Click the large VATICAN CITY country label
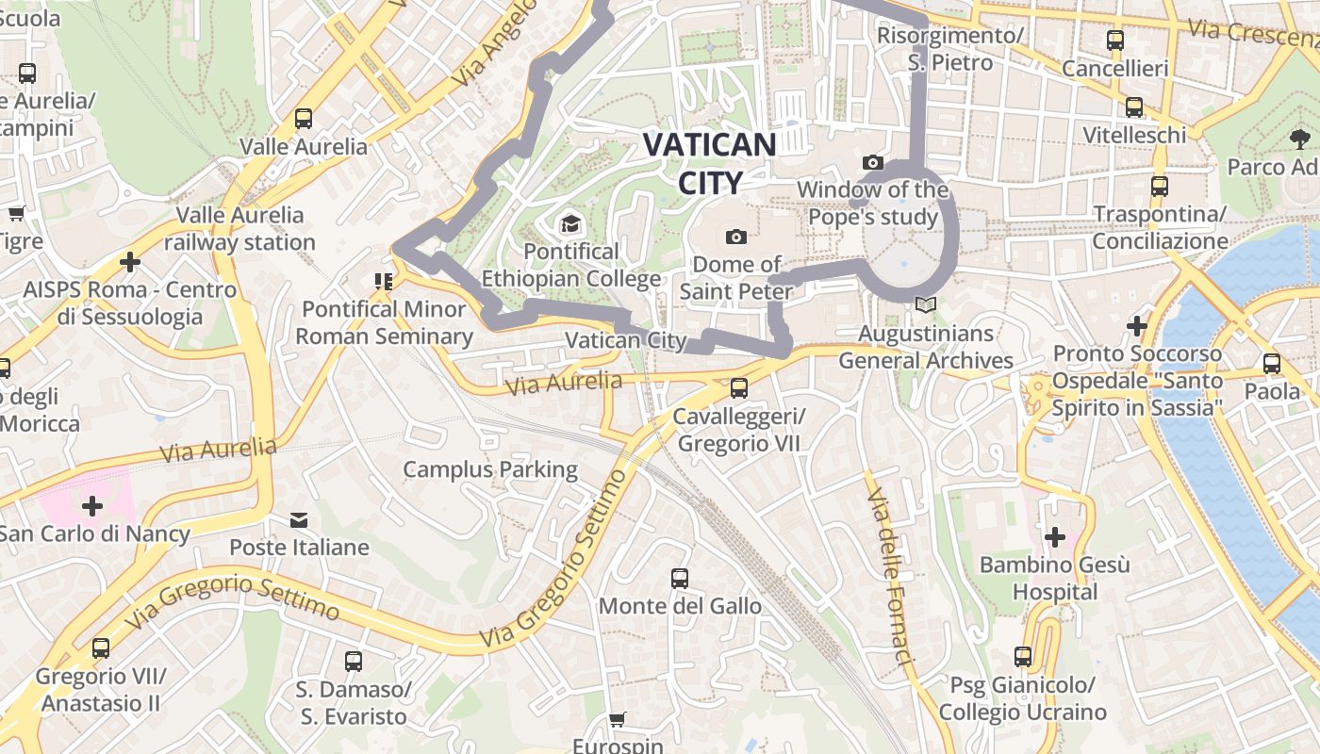click(x=710, y=163)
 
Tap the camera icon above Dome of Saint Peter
click(x=736, y=237)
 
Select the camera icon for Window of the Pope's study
click(x=873, y=162)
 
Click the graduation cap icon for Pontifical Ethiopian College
click(x=570, y=224)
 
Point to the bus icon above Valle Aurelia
click(x=303, y=119)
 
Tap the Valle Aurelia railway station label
click(x=239, y=229)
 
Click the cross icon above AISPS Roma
click(x=130, y=261)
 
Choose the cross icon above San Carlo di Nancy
click(x=92, y=506)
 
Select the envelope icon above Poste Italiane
click(x=299, y=519)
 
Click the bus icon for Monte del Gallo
click(x=680, y=578)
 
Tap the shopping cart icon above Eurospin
click(x=617, y=720)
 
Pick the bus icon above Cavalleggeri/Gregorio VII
click(x=739, y=387)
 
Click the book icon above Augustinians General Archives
click(x=925, y=305)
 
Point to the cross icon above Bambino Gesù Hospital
click(x=1054, y=537)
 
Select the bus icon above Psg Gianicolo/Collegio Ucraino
click(x=1023, y=656)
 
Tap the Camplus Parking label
click(x=490, y=469)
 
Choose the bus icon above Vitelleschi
click(x=1134, y=107)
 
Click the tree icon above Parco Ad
click(x=1300, y=139)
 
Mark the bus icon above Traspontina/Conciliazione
click(x=1160, y=187)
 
